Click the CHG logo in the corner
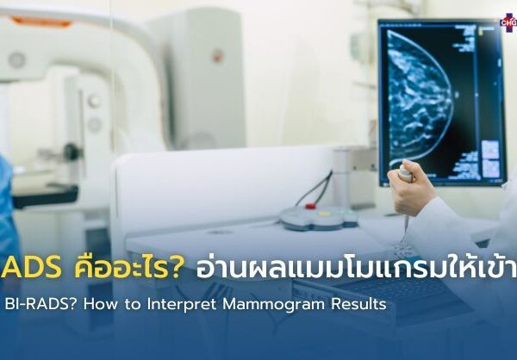tap(508, 19)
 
